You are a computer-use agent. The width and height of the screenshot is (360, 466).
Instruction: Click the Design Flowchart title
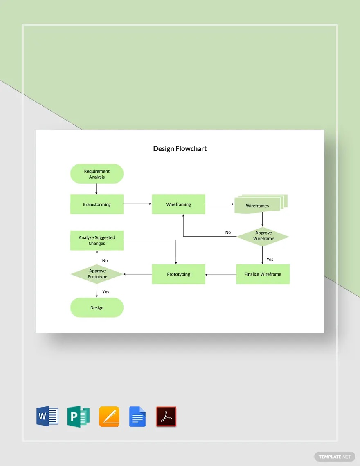tap(180, 149)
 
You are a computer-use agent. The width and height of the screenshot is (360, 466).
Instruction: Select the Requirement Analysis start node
tap(97, 174)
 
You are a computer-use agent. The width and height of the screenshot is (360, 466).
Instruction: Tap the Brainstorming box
tap(97, 204)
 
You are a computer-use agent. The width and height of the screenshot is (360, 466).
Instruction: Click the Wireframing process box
tap(178, 204)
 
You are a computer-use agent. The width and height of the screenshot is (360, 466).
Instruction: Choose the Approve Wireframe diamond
tap(263, 236)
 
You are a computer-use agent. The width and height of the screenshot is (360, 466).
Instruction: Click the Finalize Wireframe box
tap(263, 274)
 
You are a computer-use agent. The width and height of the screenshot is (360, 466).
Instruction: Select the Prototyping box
tap(178, 274)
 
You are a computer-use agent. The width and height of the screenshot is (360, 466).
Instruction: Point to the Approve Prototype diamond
tap(97, 274)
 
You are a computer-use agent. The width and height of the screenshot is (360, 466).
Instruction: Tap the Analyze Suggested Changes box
tap(97, 241)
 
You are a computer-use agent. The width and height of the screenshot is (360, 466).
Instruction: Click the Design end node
tap(97, 308)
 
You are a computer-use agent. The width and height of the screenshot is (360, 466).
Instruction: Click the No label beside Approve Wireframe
tap(228, 233)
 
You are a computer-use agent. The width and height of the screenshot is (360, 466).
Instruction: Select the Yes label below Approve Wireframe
tap(270, 260)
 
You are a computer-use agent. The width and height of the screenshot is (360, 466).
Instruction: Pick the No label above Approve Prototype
tap(105, 261)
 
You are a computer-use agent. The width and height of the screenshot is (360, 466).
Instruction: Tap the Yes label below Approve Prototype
tap(106, 292)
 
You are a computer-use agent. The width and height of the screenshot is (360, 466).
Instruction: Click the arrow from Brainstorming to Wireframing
tap(137, 204)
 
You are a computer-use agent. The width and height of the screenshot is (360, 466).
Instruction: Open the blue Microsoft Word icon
tap(47, 417)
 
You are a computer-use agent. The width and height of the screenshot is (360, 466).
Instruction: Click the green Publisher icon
tap(79, 417)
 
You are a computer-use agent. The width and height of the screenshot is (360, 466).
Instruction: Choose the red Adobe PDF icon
tap(166, 417)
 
